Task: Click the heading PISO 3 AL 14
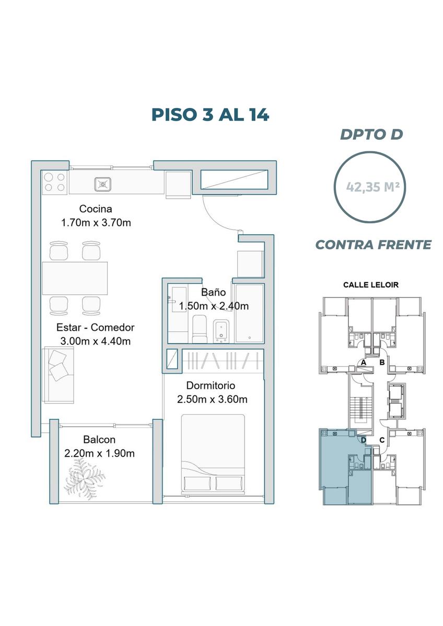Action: (x=210, y=115)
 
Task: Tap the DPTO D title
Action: (x=371, y=135)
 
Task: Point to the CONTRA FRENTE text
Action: (x=374, y=245)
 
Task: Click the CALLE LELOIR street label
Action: (x=371, y=285)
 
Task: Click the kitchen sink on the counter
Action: (x=102, y=184)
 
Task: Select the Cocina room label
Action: (x=96, y=209)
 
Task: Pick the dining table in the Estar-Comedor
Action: (x=75, y=278)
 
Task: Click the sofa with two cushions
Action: (x=58, y=375)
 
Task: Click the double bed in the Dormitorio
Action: (x=213, y=453)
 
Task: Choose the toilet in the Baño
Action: (x=200, y=329)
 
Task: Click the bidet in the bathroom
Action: (x=221, y=331)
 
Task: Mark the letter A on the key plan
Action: (x=364, y=363)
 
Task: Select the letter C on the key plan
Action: (x=382, y=440)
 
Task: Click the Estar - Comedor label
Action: (x=96, y=327)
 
